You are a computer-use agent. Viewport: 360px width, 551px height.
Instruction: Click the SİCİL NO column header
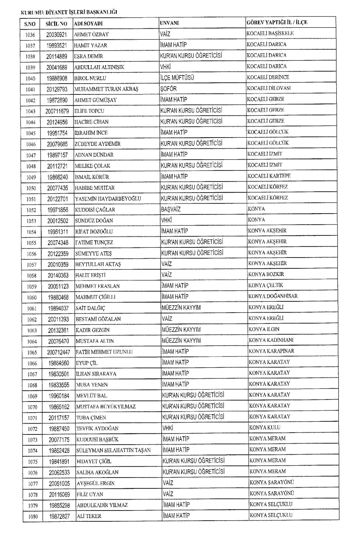(56, 24)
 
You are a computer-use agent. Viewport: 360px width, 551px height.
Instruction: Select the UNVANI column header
(169, 23)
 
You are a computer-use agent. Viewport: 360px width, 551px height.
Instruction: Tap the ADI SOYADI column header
(88, 24)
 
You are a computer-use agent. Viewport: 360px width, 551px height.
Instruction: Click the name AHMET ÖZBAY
(91, 34)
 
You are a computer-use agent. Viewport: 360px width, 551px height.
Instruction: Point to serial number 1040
(30, 78)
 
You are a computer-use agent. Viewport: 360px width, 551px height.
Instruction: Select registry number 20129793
(57, 89)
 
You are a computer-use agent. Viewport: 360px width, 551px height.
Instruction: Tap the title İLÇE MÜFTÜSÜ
(177, 78)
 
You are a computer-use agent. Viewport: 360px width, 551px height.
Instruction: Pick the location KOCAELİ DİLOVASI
(268, 88)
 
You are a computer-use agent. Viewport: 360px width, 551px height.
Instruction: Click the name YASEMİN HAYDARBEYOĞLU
(108, 199)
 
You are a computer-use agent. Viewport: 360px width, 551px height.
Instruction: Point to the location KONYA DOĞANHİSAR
(273, 296)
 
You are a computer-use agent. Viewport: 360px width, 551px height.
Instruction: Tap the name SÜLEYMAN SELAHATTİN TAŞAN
(113, 450)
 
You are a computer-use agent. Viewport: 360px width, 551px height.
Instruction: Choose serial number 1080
(33, 516)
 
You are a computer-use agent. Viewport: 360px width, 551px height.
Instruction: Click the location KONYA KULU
(265, 427)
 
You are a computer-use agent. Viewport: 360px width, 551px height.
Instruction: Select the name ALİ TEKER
(89, 516)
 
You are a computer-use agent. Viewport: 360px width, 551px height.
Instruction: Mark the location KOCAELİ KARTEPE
(269, 176)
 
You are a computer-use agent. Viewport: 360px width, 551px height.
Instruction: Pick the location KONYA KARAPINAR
(271, 351)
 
